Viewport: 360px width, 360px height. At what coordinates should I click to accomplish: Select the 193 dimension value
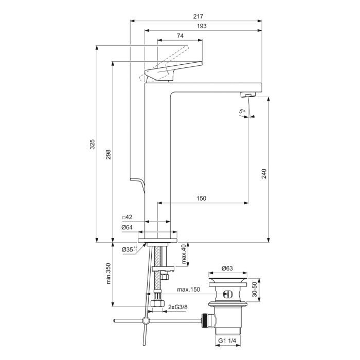(x=202, y=26)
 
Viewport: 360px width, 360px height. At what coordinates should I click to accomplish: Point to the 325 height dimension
(x=93, y=144)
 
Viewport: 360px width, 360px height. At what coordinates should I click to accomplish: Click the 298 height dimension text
(x=108, y=155)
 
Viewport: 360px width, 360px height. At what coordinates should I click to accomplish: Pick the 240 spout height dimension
(x=264, y=173)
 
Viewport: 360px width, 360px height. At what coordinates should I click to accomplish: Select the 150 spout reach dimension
(x=202, y=199)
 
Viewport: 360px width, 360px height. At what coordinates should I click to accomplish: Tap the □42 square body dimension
(x=127, y=217)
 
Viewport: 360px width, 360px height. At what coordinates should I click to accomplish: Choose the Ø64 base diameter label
(x=128, y=227)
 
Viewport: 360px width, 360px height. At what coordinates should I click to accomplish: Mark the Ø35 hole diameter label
(x=129, y=249)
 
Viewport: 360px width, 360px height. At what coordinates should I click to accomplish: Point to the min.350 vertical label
(x=109, y=274)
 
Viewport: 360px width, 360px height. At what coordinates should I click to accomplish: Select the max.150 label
(x=188, y=290)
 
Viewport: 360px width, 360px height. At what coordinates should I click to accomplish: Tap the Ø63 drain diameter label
(x=227, y=268)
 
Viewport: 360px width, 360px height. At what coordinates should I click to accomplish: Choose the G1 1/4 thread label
(x=227, y=340)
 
